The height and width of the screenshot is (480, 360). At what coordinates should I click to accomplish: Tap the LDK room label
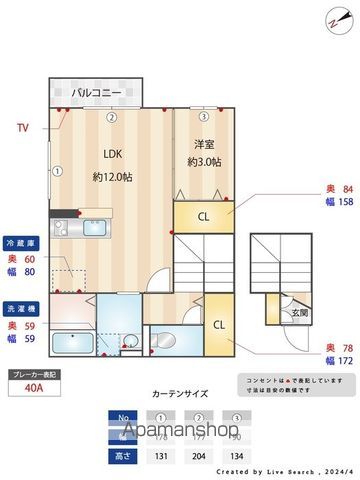pyautogui.click(x=112, y=153)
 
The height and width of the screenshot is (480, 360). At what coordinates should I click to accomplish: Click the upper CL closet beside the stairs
pyautogui.click(x=203, y=216)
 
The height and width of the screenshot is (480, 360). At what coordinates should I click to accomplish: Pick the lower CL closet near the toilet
pyautogui.click(x=219, y=325)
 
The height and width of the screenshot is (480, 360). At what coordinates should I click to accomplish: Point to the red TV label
pyautogui.click(x=23, y=128)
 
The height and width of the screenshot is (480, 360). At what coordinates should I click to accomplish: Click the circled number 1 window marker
pyautogui.click(x=58, y=171)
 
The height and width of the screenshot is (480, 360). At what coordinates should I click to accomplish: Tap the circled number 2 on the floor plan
pyautogui.click(x=112, y=117)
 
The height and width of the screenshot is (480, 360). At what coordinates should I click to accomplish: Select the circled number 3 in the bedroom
pyautogui.click(x=203, y=117)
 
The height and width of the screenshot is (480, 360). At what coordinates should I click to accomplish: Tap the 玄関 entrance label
pyautogui.click(x=299, y=314)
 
